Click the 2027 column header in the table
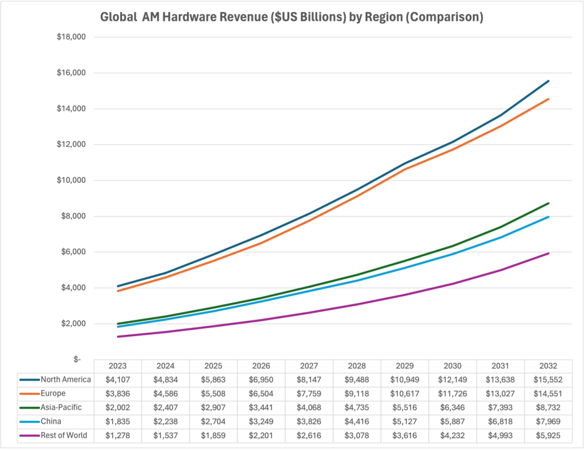point(309,366)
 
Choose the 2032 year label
point(549,366)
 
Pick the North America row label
point(66,380)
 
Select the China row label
point(51,421)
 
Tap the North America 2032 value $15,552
point(549,380)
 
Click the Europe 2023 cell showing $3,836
point(118,394)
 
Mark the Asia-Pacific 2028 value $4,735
point(357,407)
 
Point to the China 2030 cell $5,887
point(453,421)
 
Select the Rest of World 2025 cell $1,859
point(213,435)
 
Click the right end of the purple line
point(549,253)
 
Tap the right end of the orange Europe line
point(549,99)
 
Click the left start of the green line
point(118,324)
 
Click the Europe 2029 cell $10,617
point(405,394)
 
